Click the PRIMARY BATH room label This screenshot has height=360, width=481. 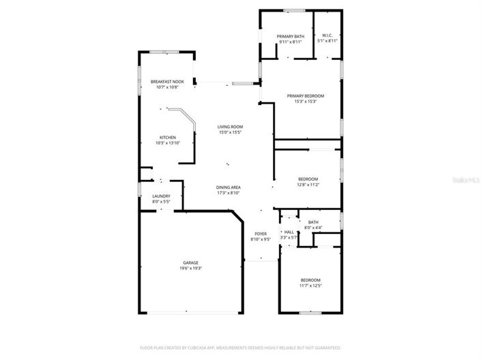290,36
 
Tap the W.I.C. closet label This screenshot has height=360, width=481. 327,36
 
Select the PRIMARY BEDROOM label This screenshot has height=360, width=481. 305,96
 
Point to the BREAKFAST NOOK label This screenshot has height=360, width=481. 167,82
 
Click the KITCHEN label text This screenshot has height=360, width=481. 167,137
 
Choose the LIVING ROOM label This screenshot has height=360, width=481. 231,127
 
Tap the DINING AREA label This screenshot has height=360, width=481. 229,187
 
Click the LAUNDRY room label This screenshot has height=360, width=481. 161,196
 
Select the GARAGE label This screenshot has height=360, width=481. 190,262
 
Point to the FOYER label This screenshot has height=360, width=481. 261,234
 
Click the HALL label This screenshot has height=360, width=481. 289,232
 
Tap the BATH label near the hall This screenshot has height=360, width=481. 313,222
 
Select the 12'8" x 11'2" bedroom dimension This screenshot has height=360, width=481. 308,185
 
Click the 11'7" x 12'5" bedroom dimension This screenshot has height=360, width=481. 310,286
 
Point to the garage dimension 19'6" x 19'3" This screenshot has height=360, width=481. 190,268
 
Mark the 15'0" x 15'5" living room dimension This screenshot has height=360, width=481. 231,132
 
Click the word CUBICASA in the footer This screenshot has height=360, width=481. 193,348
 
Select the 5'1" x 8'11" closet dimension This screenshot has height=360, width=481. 327,42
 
